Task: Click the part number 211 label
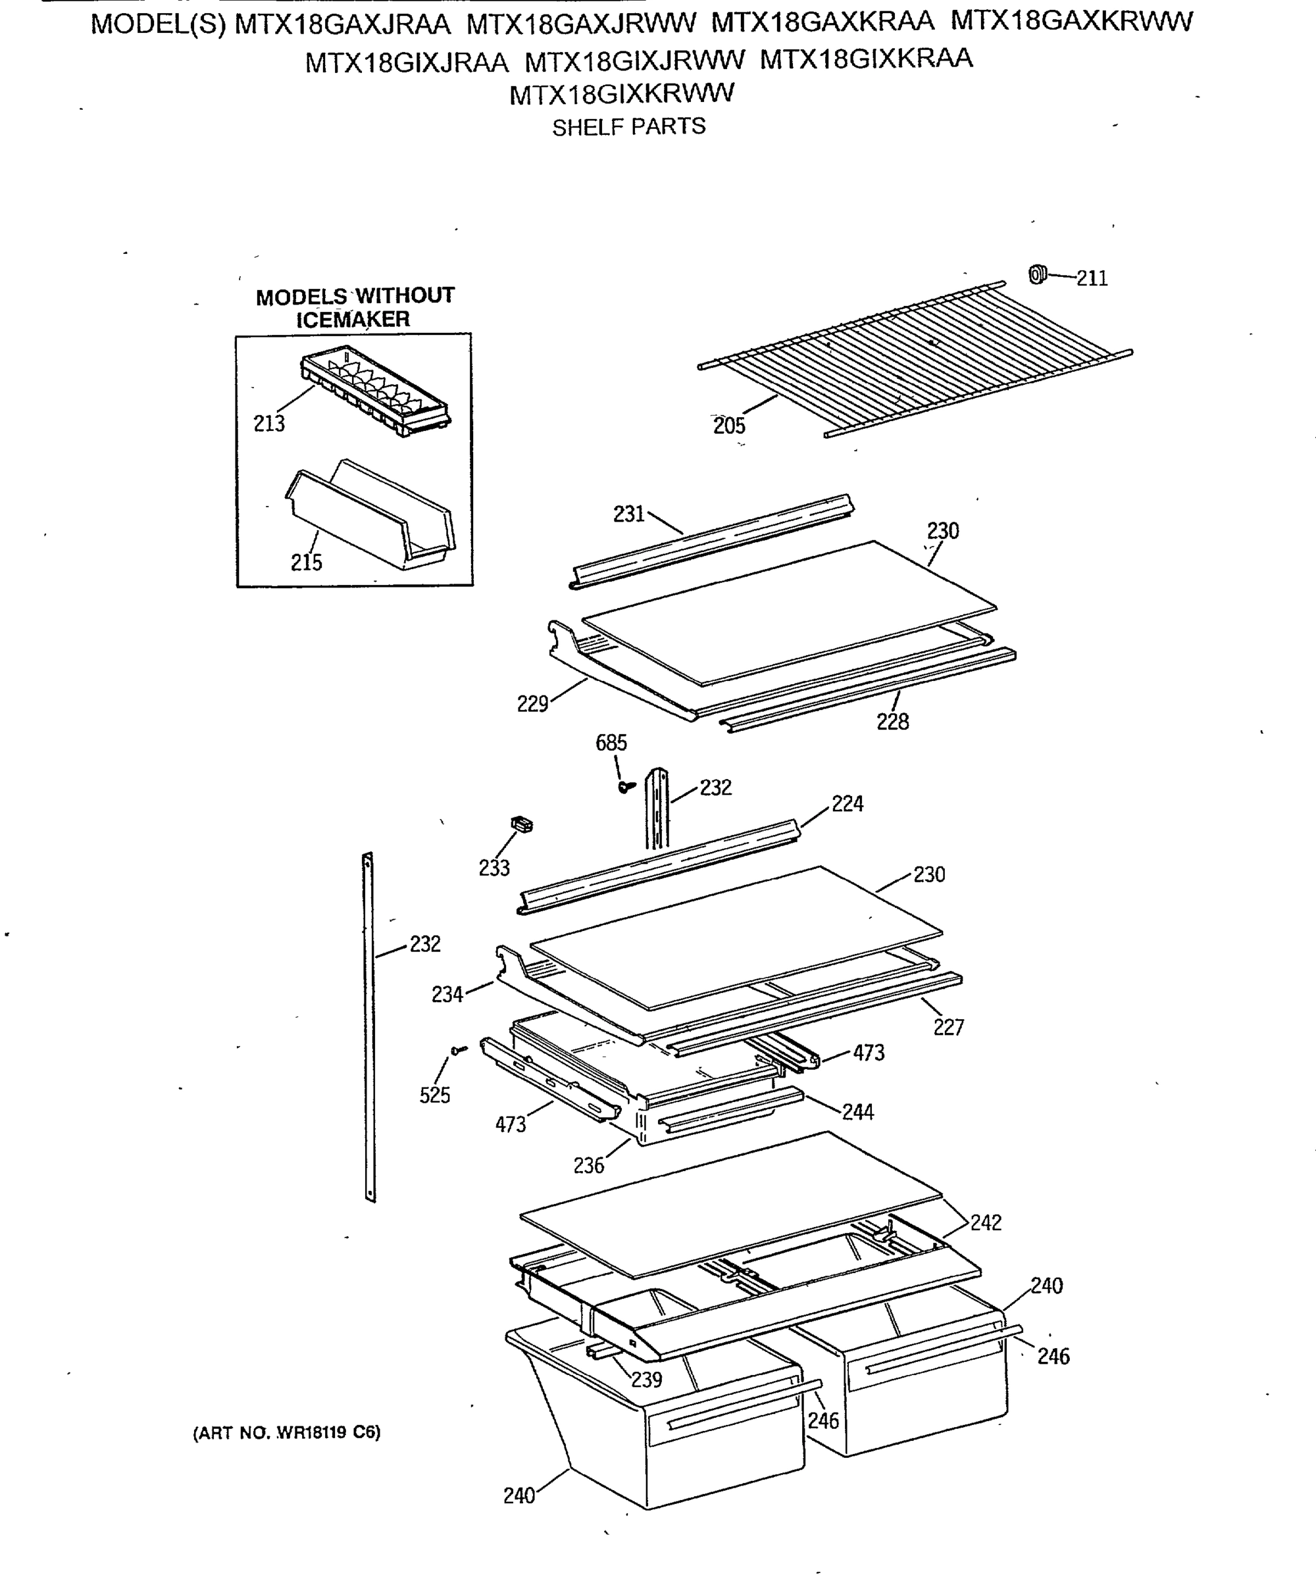point(1092,279)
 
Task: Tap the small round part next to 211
point(1038,275)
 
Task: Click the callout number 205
point(728,426)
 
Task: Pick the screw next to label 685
point(626,786)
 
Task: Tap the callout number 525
point(435,1095)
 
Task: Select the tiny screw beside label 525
point(458,1049)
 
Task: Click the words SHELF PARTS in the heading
point(628,127)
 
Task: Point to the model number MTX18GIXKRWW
point(621,95)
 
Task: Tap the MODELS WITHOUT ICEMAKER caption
point(355,307)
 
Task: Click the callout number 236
point(588,1166)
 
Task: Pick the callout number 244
point(858,1112)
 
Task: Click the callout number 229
point(532,704)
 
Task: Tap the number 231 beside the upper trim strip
point(628,514)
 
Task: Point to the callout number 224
point(848,804)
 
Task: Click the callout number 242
point(985,1222)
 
